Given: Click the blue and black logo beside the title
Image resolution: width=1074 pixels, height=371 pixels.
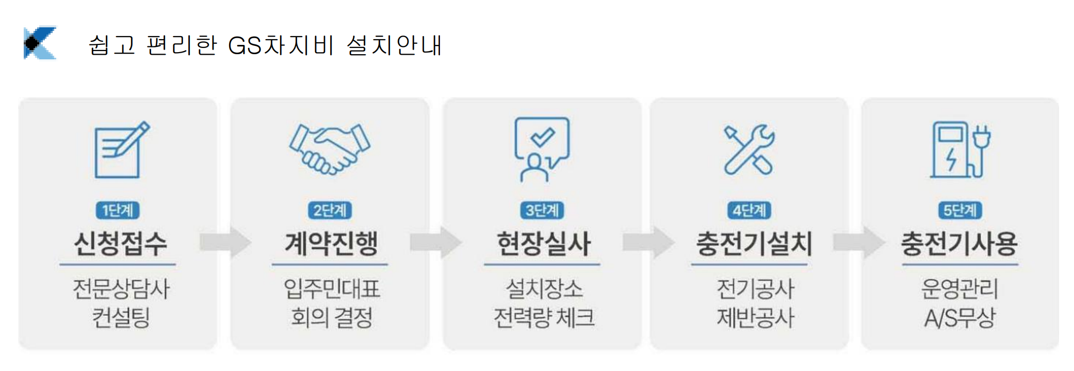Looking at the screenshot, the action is click(x=40, y=43).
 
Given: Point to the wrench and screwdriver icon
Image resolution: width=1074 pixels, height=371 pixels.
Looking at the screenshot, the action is click(x=749, y=150).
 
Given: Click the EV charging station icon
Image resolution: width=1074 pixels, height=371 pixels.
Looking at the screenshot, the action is click(x=960, y=150).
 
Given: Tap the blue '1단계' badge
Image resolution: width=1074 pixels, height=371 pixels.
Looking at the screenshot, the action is click(x=118, y=211).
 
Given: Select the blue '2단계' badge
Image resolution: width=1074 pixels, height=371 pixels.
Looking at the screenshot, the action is click(x=330, y=211).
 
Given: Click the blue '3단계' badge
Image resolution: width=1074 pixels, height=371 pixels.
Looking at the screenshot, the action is click(x=542, y=211).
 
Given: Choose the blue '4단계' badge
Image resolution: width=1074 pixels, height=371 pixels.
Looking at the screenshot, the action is click(x=749, y=211).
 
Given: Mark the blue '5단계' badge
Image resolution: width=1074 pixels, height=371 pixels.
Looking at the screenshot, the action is click(x=960, y=211).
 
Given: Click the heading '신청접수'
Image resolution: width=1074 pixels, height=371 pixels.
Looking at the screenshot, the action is click(x=120, y=244).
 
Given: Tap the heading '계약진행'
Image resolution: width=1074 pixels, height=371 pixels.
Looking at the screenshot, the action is click(x=331, y=244).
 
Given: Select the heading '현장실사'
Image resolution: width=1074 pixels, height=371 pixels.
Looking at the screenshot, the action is click(x=543, y=244).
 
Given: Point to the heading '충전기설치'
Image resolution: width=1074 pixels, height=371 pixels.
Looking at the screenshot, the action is click(x=754, y=244).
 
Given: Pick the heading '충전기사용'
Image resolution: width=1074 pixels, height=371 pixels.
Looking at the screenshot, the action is click(x=959, y=244).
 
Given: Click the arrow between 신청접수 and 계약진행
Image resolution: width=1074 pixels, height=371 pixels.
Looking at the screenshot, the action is click(x=225, y=243).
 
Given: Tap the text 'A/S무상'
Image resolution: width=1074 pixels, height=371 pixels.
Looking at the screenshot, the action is click(x=959, y=318).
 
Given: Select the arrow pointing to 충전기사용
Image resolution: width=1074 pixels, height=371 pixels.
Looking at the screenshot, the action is click(x=859, y=243).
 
